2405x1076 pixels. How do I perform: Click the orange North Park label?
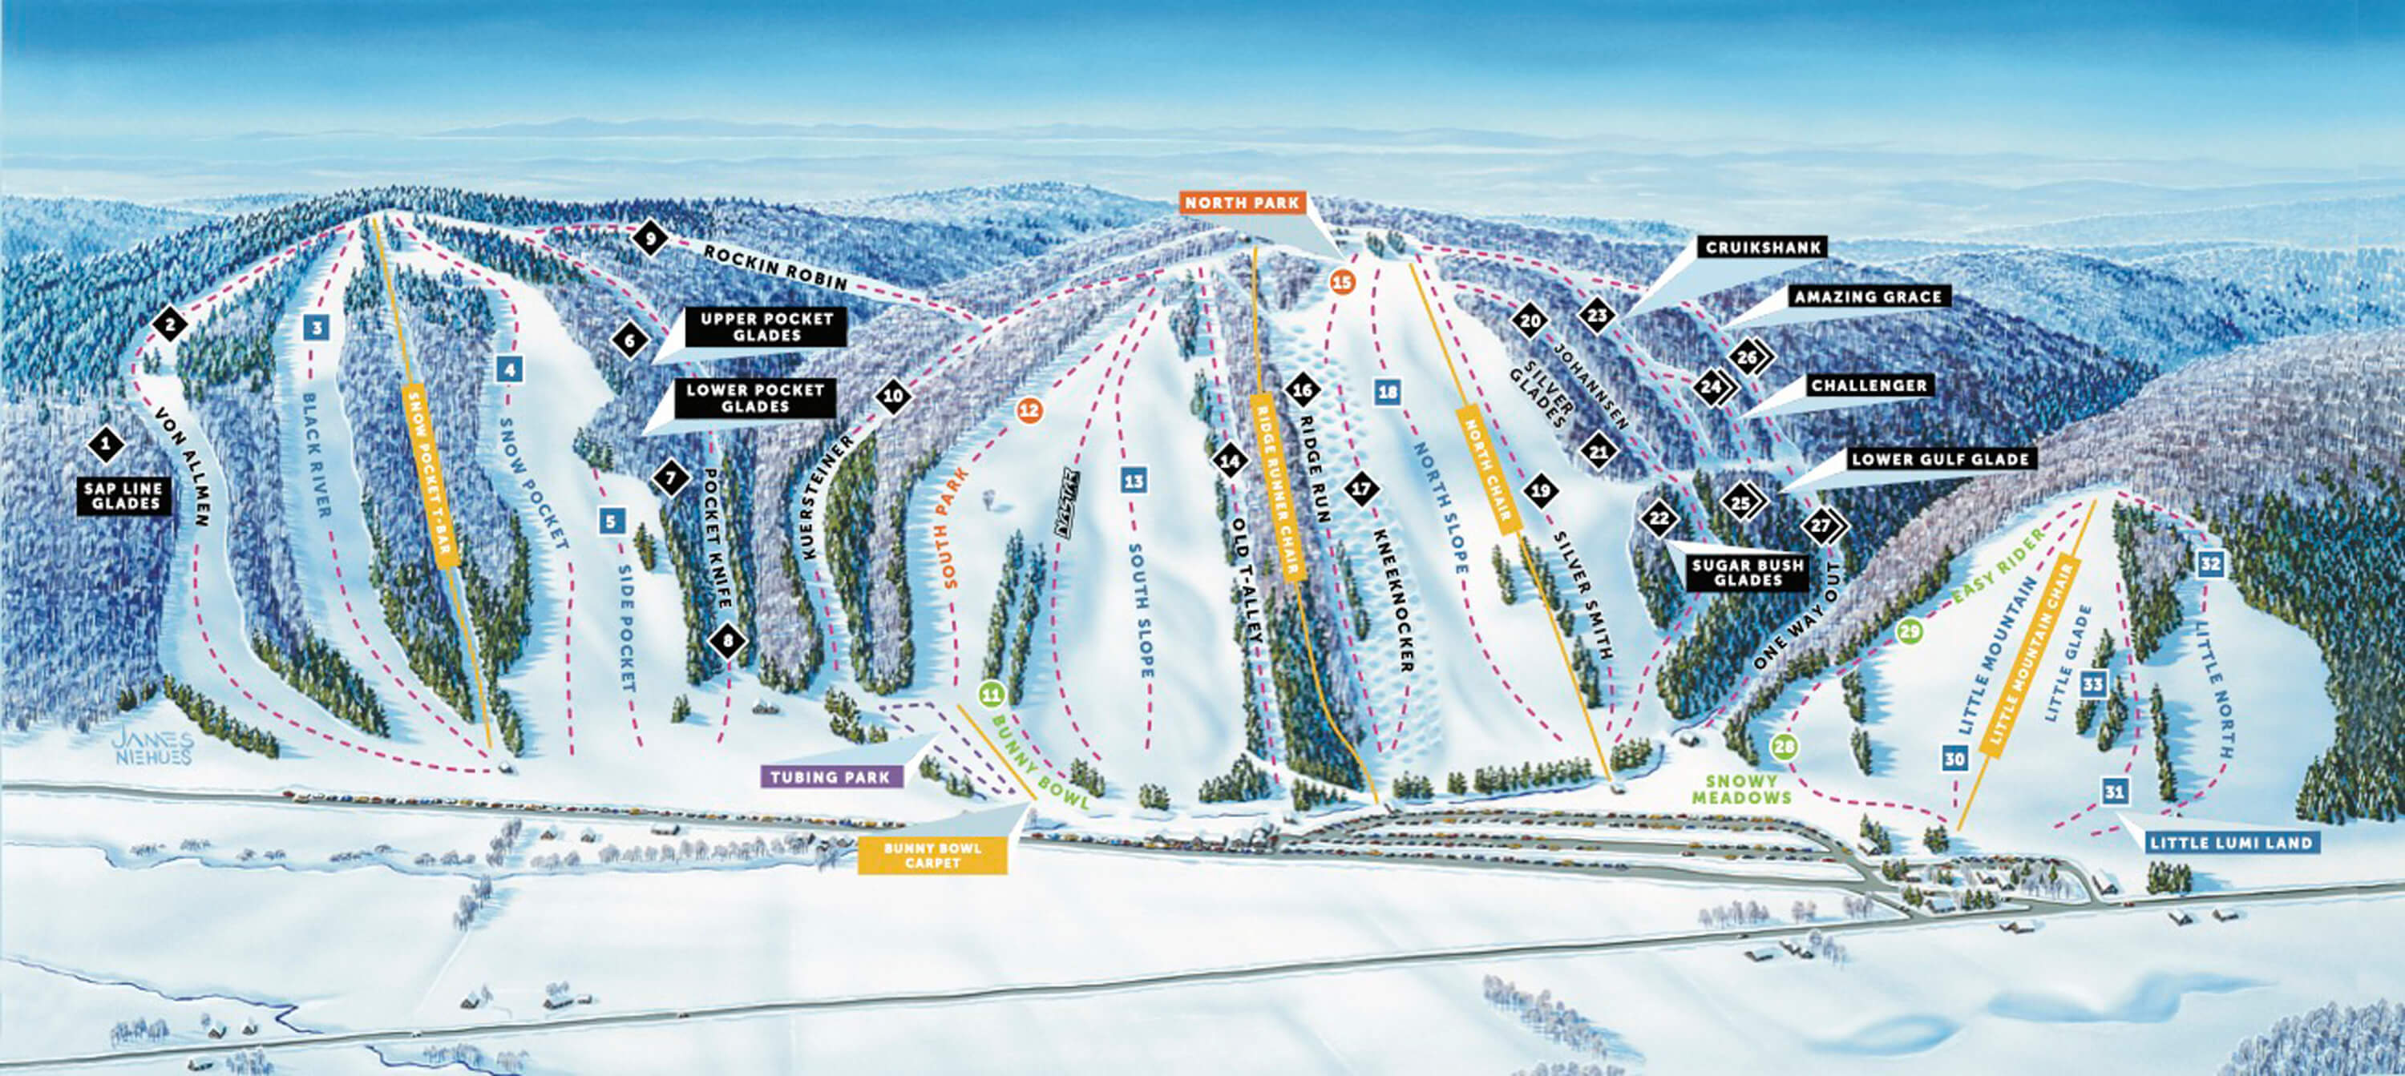point(1242,203)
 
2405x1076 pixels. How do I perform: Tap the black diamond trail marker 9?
point(649,239)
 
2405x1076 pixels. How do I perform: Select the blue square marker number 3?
point(317,328)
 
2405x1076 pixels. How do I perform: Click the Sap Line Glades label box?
point(125,496)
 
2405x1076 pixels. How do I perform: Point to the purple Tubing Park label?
point(830,776)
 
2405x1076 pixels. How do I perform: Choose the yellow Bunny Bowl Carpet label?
point(932,855)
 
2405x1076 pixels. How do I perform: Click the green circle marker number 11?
point(991,695)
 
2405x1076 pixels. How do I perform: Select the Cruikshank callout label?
point(1764,248)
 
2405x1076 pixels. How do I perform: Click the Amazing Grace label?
point(1867,296)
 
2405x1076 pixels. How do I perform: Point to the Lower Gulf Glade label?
point(1940,459)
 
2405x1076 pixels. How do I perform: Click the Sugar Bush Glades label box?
point(1748,572)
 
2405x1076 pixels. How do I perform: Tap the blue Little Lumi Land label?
point(2230,843)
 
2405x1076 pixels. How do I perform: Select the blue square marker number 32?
point(2210,564)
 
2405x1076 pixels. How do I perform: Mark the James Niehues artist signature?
point(152,748)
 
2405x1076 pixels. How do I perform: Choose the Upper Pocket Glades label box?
point(766,327)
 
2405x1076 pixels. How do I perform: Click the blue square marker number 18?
point(1388,392)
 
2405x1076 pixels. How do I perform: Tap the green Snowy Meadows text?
point(1741,789)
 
